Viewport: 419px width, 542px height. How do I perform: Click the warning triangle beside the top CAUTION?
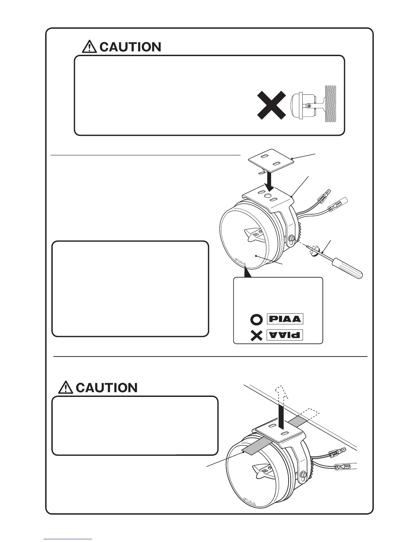click(89, 47)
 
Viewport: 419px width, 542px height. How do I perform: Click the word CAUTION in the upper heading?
click(130, 47)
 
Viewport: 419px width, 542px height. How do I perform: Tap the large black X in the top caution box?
click(271, 105)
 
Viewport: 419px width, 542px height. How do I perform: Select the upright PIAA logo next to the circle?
click(285, 319)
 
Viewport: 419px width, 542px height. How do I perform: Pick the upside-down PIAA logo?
click(285, 335)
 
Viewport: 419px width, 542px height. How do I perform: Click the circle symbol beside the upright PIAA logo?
click(256, 320)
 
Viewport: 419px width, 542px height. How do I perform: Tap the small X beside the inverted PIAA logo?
click(256, 336)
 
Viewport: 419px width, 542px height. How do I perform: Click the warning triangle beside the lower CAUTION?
click(65, 388)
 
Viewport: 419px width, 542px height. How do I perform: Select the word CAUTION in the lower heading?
click(106, 388)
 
